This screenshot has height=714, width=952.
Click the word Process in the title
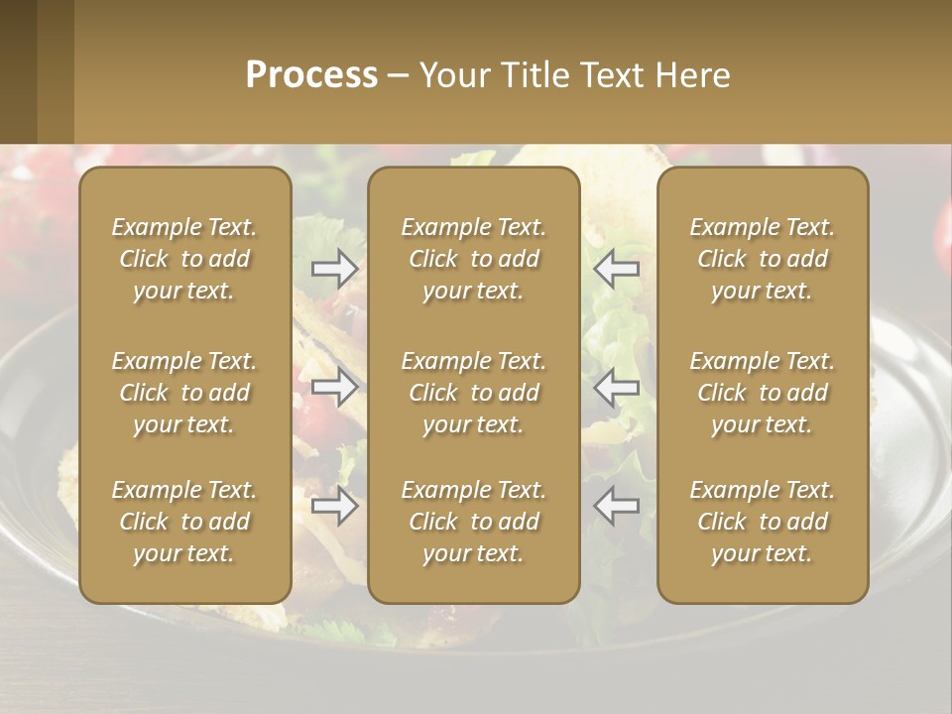click(x=311, y=75)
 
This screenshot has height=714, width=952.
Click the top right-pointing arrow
click(x=335, y=268)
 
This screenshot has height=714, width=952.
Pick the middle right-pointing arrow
click(x=335, y=387)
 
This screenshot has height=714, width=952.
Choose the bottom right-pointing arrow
click(x=335, y=506)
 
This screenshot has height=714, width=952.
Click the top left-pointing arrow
click(x=616, y=268)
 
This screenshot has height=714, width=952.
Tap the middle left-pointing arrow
click(x=616, y=387)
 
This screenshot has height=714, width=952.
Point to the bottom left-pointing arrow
click(x=616, y=506)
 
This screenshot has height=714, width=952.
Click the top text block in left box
click(x=184, y=259)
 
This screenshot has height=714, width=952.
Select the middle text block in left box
click(x=184, y=393)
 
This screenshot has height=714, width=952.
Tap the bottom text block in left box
click(x=184, y=522)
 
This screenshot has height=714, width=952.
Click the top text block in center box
click(x=473, y=259)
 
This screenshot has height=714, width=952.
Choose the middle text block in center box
click(x=473, y=393)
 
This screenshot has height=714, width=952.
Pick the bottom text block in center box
click(x=473, y=522)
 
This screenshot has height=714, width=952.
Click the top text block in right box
click(x=762, y=259)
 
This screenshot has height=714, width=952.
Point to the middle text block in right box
click(x=762, y=393)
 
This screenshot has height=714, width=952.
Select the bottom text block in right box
click(x=762, y=522)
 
